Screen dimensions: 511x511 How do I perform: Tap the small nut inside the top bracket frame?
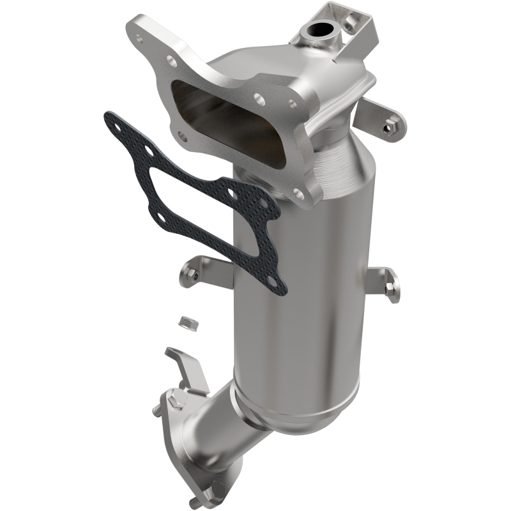click(350, 22)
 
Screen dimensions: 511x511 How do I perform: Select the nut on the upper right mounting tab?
click(387, 127)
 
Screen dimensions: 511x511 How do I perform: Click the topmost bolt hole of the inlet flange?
click(172, 62)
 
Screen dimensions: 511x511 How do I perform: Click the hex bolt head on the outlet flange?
click(178, 402)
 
